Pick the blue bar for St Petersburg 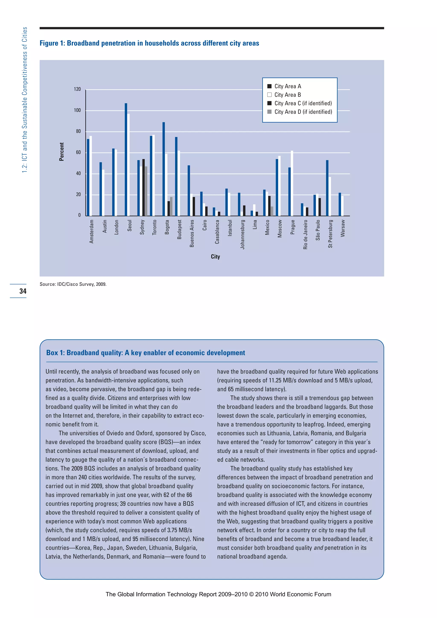pos(327,188)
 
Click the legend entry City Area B pos(287,95)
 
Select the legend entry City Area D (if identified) pos(303,112)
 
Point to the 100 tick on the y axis pos(77,110)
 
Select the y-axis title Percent pos(62,152)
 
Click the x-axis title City pos(215,257)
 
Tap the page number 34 pos(23,291)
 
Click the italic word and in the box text pos(318,548)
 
